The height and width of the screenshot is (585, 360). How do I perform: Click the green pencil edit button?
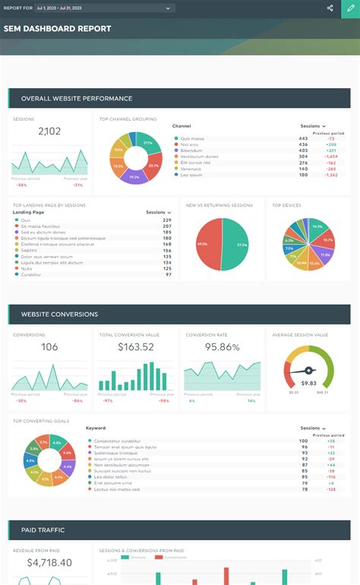tap(349, 8)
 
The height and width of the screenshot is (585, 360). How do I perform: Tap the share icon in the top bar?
tap(330, 8)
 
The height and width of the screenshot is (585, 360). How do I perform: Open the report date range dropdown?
tap(105, 8)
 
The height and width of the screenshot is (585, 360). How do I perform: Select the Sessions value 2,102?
tap(49, 131)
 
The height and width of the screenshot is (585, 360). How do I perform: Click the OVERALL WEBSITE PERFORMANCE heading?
tap(77, 98)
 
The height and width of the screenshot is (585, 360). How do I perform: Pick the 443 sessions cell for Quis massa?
tap(303, 138)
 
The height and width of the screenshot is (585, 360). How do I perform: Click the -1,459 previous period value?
tap(331, 157)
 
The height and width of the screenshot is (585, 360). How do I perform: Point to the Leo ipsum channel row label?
tap(191, 175)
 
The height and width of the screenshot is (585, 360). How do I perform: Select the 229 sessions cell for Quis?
tap(167, 220)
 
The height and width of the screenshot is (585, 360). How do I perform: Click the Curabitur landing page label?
tap(31, 274)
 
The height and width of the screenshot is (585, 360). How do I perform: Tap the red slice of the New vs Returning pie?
tap(206, 245)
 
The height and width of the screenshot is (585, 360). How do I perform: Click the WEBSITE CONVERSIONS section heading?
tap(59, 314)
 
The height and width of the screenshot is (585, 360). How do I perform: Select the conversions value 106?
tap(49, 347)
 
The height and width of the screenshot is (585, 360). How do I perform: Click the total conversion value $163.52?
tap(136, 347)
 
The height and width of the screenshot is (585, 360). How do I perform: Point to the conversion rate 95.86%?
tap(223, 347)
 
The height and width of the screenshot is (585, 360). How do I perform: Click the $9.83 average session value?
tap(308, 383)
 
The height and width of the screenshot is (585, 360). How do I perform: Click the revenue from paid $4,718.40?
tap(49, 563)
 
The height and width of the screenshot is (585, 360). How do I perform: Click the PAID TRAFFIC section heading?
tap(43, 530)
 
